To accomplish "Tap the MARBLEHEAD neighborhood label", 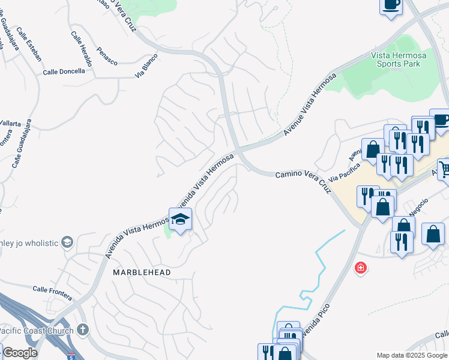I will click(142, 272).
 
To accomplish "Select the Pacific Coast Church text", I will click(36, 330).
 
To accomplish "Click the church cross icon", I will click(83, 329).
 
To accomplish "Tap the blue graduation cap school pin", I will click(180, 220).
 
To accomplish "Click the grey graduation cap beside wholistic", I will click(67, 242).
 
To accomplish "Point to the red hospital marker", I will click(361, 268).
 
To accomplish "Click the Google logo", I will click(20, 353).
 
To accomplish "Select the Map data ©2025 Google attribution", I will click(412, 355).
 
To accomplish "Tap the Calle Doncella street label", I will click(65, 72).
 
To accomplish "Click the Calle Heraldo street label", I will click(82, 49).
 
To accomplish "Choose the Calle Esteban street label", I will click(29, 44).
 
